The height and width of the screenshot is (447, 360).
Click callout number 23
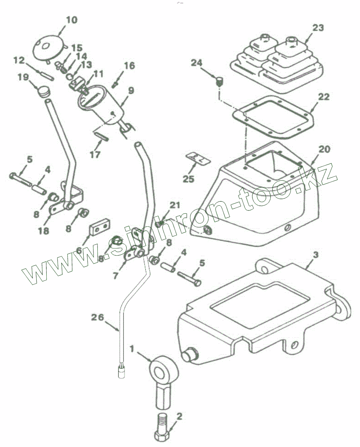click(318, 28)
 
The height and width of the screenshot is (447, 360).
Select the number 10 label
click(71, 20)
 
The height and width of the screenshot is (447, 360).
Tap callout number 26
click(97, 318)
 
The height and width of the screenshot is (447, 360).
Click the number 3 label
click(315, 255)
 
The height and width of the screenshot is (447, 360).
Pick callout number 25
click(189, 179)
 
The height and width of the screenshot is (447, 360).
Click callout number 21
click(175, 205)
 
